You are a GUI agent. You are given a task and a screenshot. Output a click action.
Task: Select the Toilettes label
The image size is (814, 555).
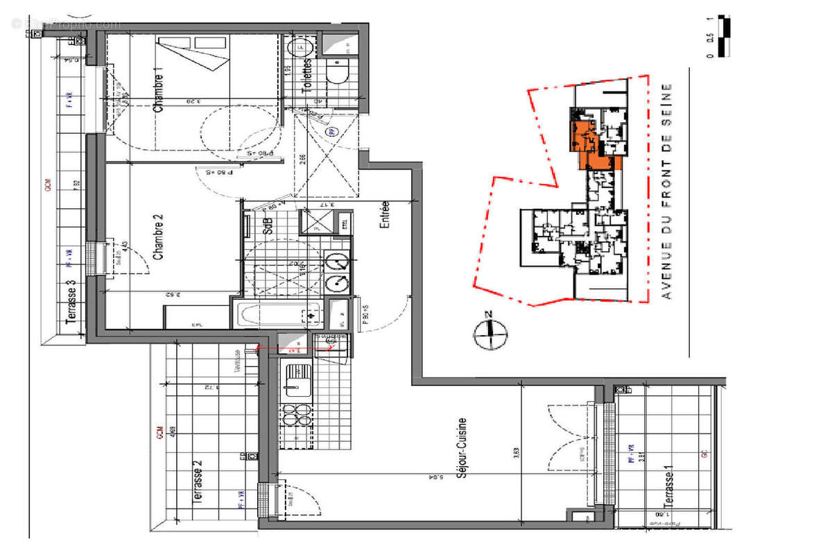[307, 76]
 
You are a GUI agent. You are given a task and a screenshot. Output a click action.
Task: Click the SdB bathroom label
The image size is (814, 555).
[268, 225]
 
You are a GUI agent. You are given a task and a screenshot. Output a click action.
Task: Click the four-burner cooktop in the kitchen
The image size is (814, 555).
[296, 417]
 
